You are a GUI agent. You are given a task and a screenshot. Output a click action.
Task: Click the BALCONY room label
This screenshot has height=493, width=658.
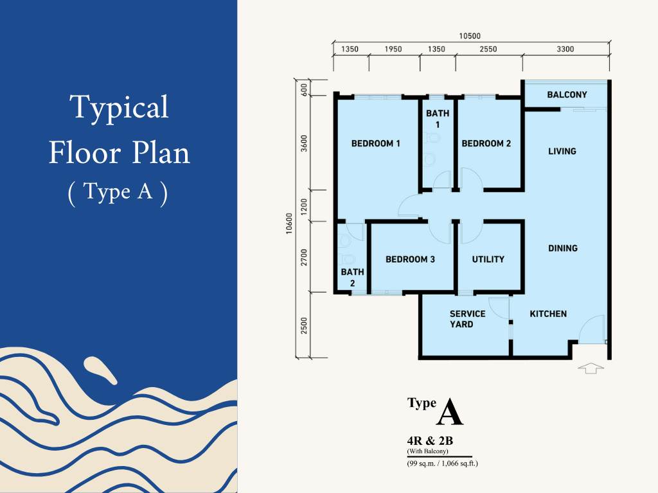pos(567,95)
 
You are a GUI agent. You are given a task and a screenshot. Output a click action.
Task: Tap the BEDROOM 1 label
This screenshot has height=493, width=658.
pos(375,143)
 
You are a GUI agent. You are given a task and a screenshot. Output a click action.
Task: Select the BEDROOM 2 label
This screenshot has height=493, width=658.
pos(486,143)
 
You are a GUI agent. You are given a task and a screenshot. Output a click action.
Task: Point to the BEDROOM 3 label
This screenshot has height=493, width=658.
pos(410,259)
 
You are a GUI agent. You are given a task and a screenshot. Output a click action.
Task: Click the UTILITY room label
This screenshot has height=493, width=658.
pos(488,259)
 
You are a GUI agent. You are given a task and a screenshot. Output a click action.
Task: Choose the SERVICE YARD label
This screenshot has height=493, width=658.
pos(468,319)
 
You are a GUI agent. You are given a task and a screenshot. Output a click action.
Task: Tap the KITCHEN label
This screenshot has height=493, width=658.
pos(548,314)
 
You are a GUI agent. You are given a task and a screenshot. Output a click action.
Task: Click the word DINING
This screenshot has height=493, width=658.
pos(563,248)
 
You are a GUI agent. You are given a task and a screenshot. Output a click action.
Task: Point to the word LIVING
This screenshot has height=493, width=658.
pos(562,151)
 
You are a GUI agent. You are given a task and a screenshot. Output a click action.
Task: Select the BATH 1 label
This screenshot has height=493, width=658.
pos(438,119)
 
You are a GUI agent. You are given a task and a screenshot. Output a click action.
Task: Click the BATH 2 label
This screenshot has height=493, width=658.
pos(353,277)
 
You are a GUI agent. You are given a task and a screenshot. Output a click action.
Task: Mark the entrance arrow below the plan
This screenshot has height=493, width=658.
pos(591,368)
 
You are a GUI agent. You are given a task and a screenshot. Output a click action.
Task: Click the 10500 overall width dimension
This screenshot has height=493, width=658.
pos(470,36)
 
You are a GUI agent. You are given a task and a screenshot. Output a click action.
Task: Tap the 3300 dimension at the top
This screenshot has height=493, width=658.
pos(565,49)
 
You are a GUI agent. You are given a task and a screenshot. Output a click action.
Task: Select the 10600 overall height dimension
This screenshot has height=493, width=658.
pos(289,223)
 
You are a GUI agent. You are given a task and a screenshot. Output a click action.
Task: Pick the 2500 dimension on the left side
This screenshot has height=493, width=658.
pos(304,325)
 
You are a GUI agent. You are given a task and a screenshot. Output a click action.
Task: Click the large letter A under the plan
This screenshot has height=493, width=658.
pos(449,412)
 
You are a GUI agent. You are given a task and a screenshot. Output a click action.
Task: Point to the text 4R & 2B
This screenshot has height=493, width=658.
pos(430,441)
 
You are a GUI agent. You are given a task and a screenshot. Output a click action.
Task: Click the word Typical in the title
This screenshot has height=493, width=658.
pos(119,108)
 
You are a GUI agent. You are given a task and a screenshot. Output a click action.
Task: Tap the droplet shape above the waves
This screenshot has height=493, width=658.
pos(100,370)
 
